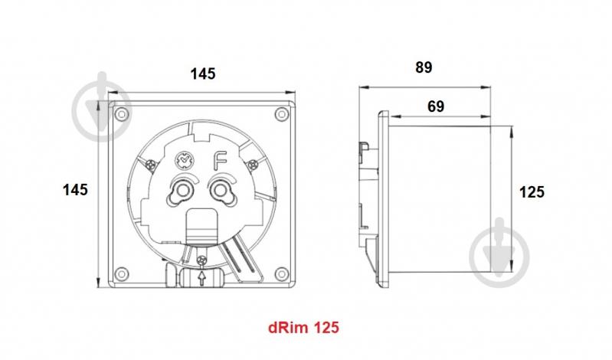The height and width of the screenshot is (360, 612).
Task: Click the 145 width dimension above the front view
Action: point(203,74)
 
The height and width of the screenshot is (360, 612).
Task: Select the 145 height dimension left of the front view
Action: point(75,189)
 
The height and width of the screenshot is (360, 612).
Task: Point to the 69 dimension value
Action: point(436,107)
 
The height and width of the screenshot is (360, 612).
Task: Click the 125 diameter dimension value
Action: point(532,191)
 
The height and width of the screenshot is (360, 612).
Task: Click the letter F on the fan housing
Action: point(220,161)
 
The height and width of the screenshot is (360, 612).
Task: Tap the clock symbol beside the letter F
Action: point(184,161)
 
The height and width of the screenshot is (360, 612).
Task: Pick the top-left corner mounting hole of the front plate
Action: point(119,113)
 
